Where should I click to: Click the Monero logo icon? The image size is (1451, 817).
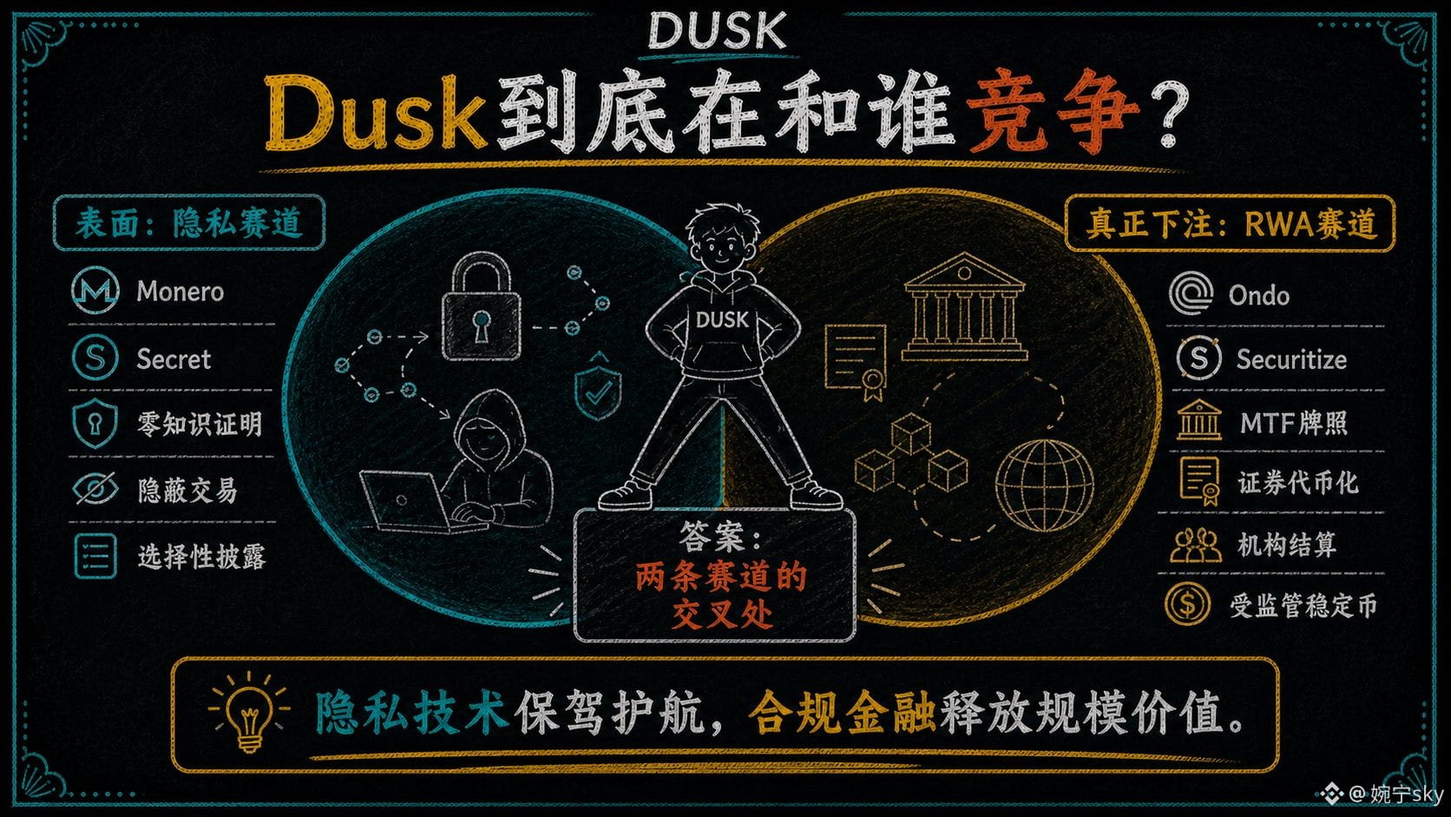(x=95, y=290)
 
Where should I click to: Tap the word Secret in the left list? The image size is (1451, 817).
(x=174, y=359)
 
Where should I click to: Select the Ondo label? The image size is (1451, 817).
(x=1258, y=295)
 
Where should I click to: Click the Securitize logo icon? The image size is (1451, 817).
(x=1198, y=358)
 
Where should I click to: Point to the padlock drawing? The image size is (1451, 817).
(x=482, y=306)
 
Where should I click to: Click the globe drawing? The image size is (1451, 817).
(x=1044, y=485)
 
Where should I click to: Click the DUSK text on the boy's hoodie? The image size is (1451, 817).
(x=722, y=320)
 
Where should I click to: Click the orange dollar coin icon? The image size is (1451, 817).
(x=1186, y=603)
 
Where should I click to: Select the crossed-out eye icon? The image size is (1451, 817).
(x=95, y=489)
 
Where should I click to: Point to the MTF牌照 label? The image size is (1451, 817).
(x=1294, y=423)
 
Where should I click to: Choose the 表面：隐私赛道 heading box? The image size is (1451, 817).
(x=189, y=223)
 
